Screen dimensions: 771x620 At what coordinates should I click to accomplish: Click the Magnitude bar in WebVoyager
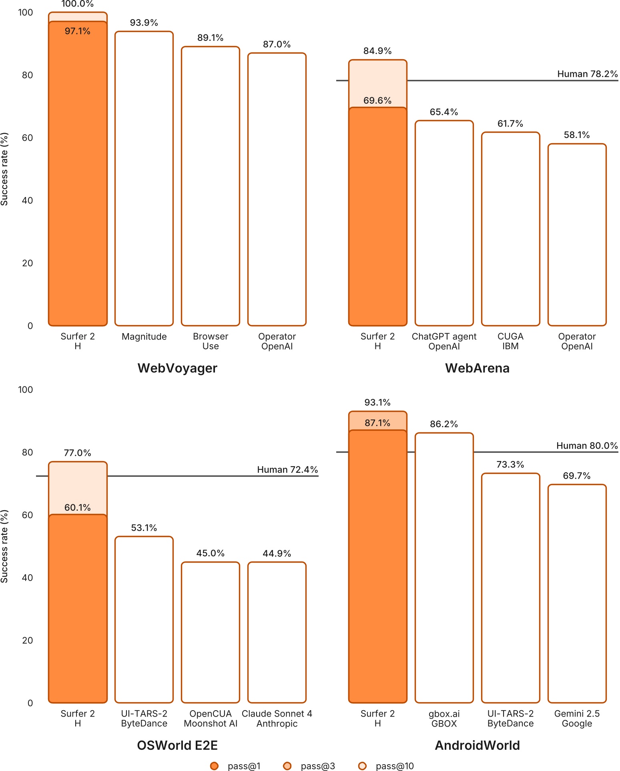(x=144, y=178)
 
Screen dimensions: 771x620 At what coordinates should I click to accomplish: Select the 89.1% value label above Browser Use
(x=210, y=38)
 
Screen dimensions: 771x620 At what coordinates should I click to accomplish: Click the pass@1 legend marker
(x=214, y=766)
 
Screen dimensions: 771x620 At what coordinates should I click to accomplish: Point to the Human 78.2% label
(x=587, y=74)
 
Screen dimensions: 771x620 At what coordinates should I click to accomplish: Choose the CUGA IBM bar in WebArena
(x=510, y=229)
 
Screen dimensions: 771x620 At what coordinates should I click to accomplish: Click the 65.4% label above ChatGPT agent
(x=444, y=112)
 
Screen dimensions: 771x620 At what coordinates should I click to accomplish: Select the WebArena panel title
(x=477, y=368)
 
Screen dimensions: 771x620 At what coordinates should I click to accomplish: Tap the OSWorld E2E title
(x=177, y=745)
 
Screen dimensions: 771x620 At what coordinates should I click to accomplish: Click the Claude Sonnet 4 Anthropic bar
(x=277, y=632)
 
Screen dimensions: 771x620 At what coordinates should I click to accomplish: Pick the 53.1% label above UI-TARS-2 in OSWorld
(x=144, y=528)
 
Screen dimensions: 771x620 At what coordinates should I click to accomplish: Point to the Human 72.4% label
(x=287, y=469)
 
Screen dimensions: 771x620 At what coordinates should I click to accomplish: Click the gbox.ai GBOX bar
(x=444, y=567)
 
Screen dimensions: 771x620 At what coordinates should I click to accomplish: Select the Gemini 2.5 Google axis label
(x=577, y=719)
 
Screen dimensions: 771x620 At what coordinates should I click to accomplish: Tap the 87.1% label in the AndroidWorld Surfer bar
(x=377, y=423)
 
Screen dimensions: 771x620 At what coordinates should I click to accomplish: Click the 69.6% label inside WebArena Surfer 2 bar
(x=377, y=101)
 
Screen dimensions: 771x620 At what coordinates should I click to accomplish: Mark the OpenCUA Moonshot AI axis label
(x=211, y=719)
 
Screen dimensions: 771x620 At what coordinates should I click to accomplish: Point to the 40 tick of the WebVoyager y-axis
(x=27, y=200)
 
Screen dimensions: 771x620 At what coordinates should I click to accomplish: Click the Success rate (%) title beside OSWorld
(x=4, y=546)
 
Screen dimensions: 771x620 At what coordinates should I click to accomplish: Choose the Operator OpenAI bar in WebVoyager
(x=277, y=189)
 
